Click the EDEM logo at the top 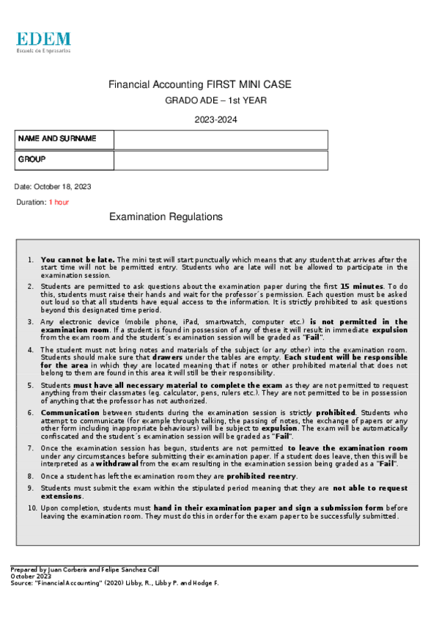click(43, 42)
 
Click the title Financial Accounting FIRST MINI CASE click(200, 85)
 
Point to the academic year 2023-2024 click(215, 120)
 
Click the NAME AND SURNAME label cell click(64, 139)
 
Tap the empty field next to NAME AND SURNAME click(221, 139)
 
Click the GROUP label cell click(64, 160)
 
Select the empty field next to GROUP click(221, 160)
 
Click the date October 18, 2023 click(53, 186)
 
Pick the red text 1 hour click(59, 202)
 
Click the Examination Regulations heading click(166, 217)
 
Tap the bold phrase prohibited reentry click(262, 476)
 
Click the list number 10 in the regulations click(32, 508)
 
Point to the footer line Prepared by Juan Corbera click(84, 569)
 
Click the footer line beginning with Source click(114, 583)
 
